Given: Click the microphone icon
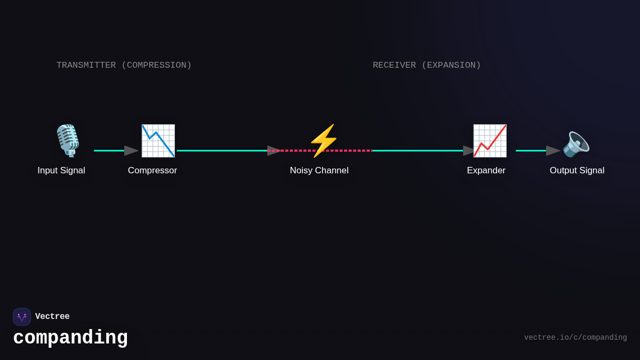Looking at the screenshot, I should [68, 140].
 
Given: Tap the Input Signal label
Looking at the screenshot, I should [61, 171].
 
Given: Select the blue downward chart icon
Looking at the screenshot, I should [158, 141].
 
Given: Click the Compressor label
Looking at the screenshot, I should [153, 171].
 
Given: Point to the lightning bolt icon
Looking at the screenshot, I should [323, 141].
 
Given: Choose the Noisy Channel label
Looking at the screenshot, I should [319, 171].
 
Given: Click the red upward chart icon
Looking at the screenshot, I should [490, 141].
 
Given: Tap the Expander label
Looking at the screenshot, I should [486, 171].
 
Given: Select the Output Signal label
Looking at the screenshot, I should [577, 171].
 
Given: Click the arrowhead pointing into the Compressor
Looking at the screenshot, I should [131, 151].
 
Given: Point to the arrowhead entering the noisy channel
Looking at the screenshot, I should [274, 151].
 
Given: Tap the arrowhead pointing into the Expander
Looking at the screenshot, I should [469, 151].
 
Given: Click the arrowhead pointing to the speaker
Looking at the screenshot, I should [553, 151].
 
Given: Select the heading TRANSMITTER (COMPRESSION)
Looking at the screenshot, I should [124, 65].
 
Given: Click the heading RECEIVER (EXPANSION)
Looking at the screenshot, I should [427, 65].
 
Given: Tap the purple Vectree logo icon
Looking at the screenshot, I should [22, 317].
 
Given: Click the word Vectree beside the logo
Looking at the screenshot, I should [52, 317].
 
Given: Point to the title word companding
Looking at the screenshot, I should [70, 338].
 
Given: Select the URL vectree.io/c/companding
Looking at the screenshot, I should [575, 338].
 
